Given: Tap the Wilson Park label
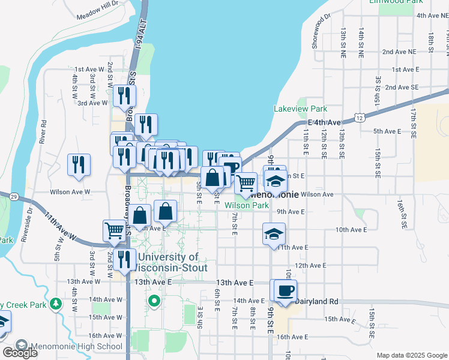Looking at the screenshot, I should click(247, 205).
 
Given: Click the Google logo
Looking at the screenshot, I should click(20, 353).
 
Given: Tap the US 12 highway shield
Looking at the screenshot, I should click(358, 118).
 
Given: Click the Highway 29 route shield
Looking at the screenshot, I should click(13, 196).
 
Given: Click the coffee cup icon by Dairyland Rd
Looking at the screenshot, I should click(285, 290).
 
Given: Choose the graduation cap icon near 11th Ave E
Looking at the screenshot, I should click(274, 233).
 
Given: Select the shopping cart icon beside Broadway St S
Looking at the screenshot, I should click(114, 230).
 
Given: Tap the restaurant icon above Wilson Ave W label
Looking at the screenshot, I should click(79, 164).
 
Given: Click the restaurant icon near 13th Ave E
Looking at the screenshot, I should click(125, 259).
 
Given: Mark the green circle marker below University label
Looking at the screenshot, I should click(154, 301).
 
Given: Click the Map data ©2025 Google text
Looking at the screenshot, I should click(411, 355).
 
